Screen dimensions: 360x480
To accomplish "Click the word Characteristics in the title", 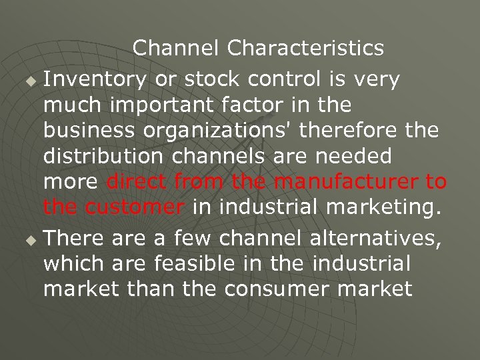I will [305, 48].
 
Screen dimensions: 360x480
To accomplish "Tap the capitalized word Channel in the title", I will [176, 48].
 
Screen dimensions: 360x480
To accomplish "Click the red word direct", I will [137, 181].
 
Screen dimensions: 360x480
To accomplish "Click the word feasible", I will [195, 263].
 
